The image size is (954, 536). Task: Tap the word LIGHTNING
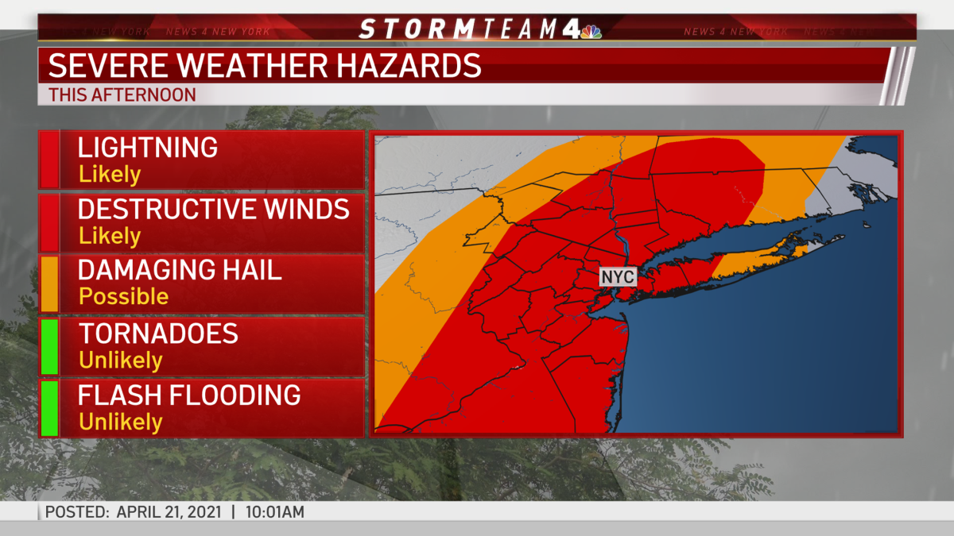click(x=147, y=148)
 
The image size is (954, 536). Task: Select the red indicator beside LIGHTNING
click(x=48, y=160)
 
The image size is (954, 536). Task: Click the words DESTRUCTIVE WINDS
click(x=213, y=210)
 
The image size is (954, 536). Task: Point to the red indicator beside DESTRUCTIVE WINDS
click(x=48, y=222)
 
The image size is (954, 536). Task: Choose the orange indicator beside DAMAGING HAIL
click(x=48, y=283)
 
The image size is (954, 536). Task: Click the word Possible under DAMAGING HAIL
click(x=123, y=297)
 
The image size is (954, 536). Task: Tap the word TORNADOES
click(x=158, y=334)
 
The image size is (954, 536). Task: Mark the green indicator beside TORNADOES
click(x=48, y=346)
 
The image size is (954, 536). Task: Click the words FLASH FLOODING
click(x=189, y=395)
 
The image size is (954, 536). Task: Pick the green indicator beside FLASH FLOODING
click(x=48, y=408)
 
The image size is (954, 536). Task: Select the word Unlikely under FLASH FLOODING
click(x=121, y=422)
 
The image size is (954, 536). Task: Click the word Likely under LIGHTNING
click(x=110, y=175)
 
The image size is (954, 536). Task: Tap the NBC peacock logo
click(x=591, y=32)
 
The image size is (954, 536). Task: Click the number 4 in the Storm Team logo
click(x=569, y=29)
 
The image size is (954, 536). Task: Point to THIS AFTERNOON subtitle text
click(x=122, y=94)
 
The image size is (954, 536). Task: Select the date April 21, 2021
click(x=170, y=512)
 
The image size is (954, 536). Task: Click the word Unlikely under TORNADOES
click(x=121, y=361)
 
